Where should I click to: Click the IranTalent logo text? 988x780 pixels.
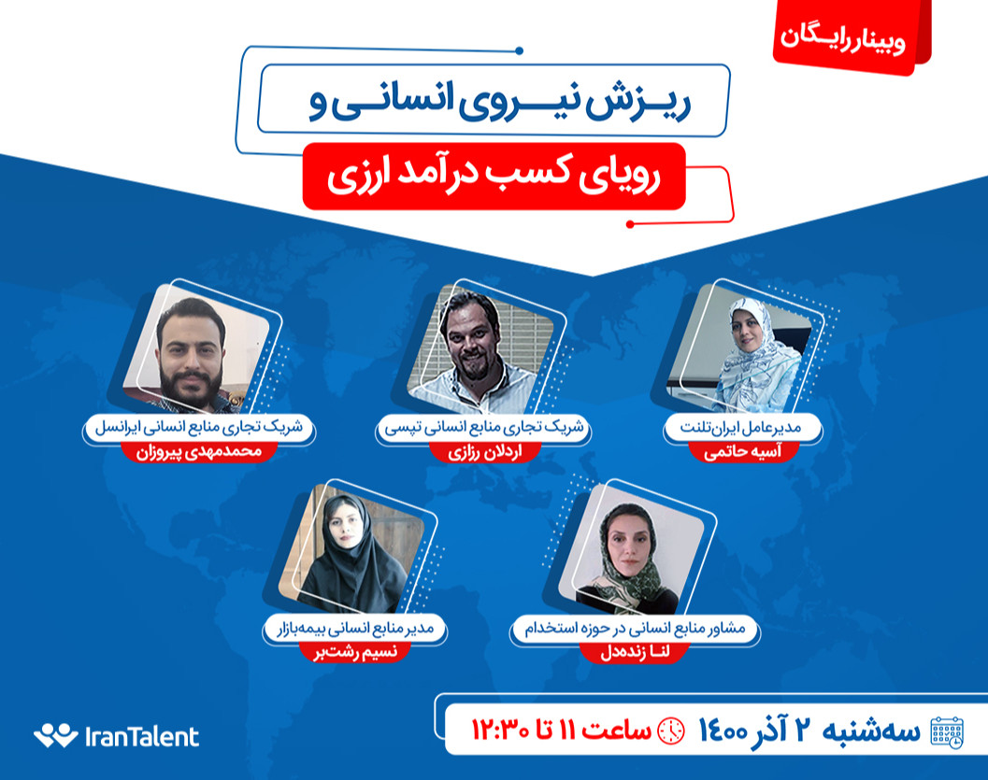click(x=141, y=736)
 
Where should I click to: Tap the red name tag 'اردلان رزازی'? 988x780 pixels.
click(x=483, y=452)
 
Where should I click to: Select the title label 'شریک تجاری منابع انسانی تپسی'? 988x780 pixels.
click(x=483, y=428)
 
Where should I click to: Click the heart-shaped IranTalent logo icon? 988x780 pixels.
click(x=55, y=736)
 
